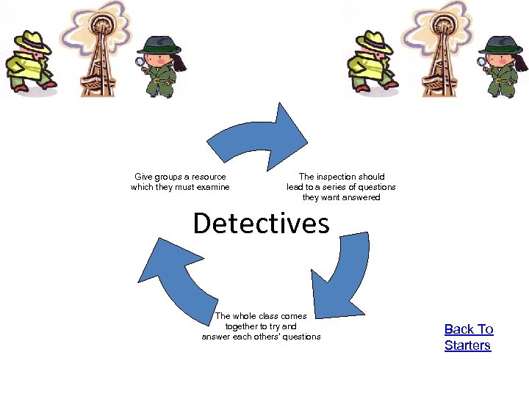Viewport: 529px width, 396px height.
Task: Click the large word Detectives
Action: click(261, 223)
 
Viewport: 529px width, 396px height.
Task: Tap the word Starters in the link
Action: click(467, 345)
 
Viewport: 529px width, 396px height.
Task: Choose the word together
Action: click(242, 326)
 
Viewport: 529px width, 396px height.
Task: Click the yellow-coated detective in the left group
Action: click(29, 62)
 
